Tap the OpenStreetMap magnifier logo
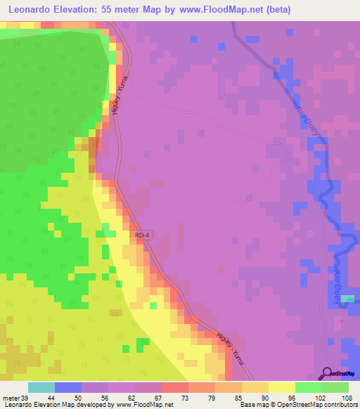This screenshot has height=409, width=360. point(328,373)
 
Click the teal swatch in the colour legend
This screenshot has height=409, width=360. point(41,387)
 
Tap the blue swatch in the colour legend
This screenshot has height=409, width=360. point(68,387)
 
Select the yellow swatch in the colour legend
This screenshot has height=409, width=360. point(281,387)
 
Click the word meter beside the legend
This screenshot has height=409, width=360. point(11,398)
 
